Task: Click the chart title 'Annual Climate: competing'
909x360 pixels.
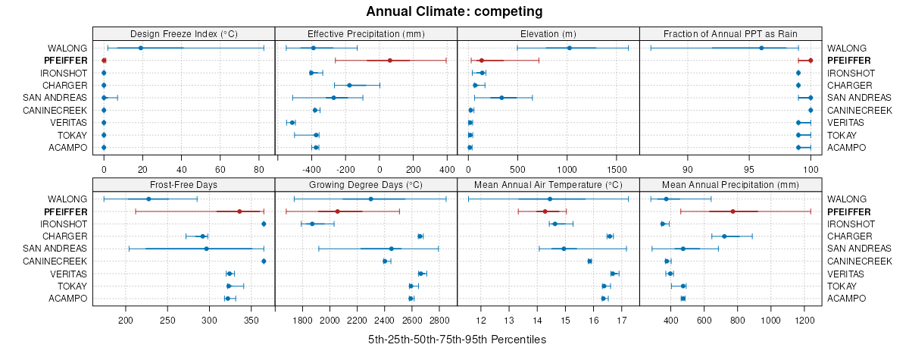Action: coord(454,11)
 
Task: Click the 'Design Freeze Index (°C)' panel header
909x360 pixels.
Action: coord(184,34)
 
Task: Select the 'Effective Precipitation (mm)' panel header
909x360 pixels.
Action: coord(366,34)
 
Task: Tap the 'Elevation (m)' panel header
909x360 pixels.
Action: coord(548,34)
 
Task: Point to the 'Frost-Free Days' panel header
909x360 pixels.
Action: coord(184,185)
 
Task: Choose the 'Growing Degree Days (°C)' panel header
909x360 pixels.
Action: coord(366,185)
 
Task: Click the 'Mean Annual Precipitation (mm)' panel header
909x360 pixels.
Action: coord(730,185)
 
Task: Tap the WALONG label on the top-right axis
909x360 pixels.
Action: coord(846,48)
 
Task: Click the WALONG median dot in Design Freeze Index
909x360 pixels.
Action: coord(141,48)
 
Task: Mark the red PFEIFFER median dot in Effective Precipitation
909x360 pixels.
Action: coord(389,61)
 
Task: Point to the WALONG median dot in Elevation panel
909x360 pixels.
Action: coord(570,48)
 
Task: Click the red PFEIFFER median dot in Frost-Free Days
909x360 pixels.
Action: coord(239,211)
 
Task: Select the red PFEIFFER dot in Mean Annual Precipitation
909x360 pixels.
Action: coord(733,211)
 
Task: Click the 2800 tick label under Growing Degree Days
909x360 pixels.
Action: coord(439,321)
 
